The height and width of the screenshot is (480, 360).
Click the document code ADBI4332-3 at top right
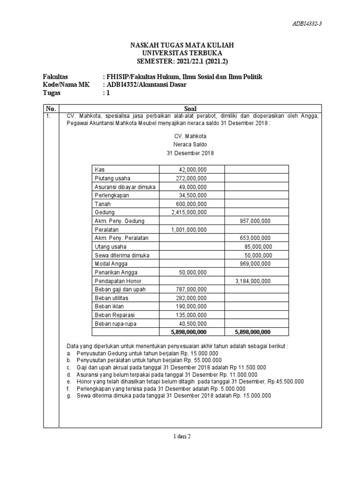(307, 24)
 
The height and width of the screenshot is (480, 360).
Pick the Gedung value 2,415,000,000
(189, 212)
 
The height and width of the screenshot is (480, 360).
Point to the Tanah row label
(102, 204)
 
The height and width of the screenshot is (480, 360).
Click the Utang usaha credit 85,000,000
(258, 247)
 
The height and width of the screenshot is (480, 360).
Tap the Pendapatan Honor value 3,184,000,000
(252, 281)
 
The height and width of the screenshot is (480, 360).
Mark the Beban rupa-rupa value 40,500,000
(193, 323)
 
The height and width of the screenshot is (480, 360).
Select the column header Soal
(190, 108)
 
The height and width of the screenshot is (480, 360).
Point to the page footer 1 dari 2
(182, 436)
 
